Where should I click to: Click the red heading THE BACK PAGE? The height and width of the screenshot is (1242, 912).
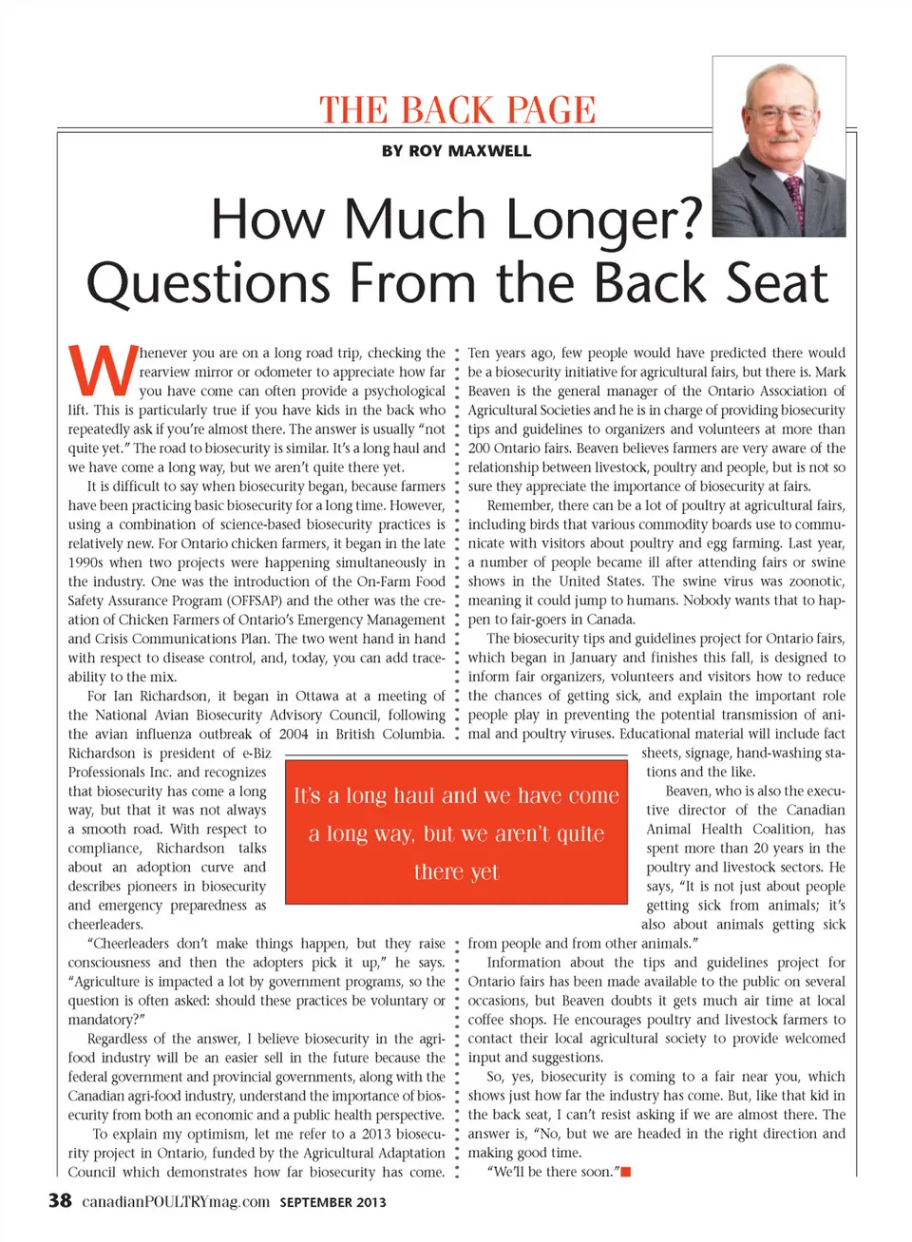point(457,110)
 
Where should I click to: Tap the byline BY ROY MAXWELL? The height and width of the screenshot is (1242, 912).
point(456,151)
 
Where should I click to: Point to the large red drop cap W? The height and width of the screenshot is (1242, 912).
point(103,371)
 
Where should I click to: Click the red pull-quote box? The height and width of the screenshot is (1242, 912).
point(456,832)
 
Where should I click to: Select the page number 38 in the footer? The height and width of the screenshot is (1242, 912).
point(60,1200)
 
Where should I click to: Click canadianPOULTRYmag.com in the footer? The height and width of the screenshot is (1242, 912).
point(176,1201)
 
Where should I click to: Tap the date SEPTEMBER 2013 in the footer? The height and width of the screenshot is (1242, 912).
point(332,1202)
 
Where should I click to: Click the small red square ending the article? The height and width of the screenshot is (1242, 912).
point(626,1172)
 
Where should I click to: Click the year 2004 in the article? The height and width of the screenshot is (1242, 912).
point(294,734)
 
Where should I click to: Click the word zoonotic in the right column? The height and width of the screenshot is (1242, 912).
point(814,582)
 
